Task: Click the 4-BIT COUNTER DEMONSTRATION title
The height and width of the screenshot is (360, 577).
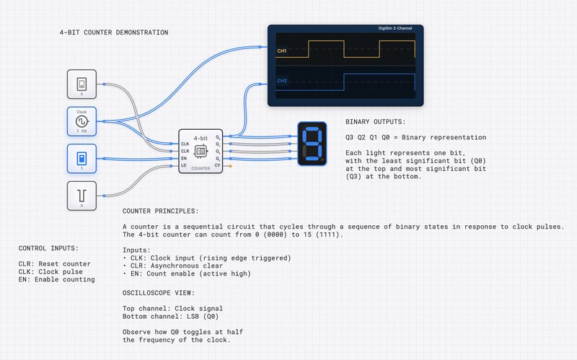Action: coord(114,32)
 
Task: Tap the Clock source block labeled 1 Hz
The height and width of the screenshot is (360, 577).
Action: coord(82,120)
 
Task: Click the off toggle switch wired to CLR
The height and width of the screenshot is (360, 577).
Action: coord(82,84)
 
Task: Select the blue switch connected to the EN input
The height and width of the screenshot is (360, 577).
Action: coord(82,158)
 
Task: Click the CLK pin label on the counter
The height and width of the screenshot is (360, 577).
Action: coord(185,144)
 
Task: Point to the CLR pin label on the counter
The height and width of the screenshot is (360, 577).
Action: coord(185,152)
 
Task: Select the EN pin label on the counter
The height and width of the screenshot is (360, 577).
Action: coord(185,159)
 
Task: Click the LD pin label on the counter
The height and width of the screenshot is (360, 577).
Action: coord(185,166)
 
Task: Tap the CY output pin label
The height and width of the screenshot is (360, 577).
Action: coord(217,166)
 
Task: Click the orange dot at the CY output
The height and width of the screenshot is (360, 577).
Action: coord(229,166)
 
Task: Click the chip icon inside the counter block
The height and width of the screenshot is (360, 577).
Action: coord(201,151)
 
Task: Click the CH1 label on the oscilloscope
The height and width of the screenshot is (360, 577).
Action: coord(282,51)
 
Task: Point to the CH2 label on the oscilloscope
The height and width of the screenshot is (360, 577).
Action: coord(282,81)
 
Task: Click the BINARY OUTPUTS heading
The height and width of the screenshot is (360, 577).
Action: coord(375,123)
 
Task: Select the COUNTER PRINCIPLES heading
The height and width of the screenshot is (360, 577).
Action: coord(160,212)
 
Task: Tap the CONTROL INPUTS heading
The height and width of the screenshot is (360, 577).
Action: coord(49,249)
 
